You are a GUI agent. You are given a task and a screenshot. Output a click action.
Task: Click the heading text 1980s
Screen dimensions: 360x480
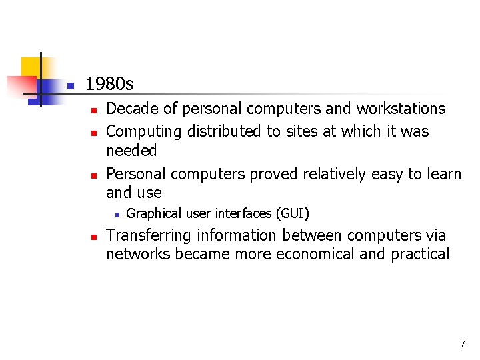(109, 85)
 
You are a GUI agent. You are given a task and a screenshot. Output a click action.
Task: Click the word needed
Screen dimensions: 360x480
(131, 151)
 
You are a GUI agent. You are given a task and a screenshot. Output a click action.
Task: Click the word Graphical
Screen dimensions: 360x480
(153, 213)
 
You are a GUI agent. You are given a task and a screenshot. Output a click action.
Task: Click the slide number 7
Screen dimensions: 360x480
(462, 344)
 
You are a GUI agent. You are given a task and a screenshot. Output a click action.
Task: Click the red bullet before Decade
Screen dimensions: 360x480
(95, 109)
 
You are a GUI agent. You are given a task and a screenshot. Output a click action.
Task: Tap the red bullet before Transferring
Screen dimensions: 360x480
(95, 237)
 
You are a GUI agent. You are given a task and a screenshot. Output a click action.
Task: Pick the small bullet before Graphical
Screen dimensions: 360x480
(115, 215)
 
